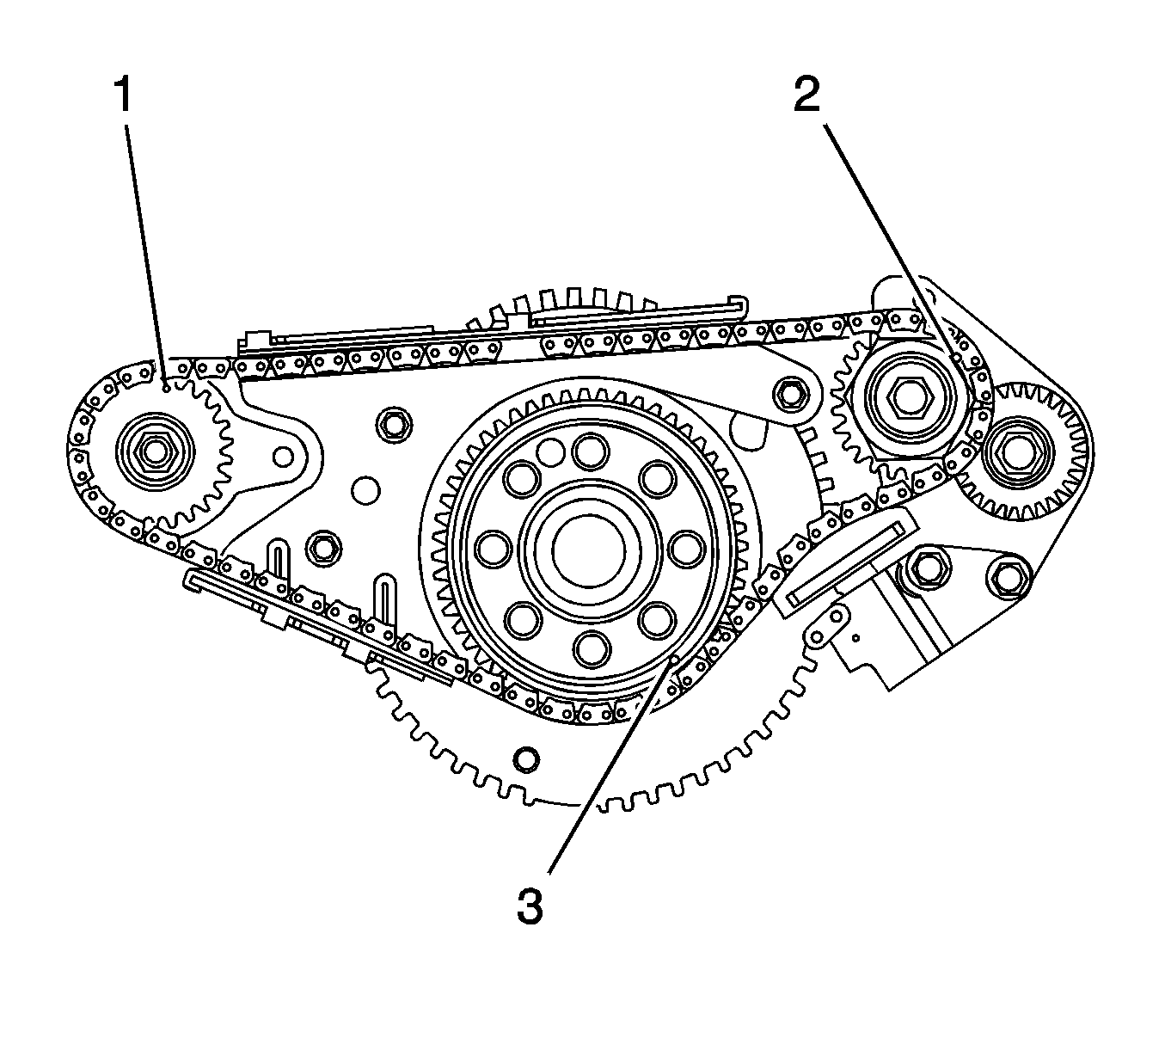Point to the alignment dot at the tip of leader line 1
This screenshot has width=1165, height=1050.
(x=165, y=388)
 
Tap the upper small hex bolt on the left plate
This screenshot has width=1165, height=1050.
(x=395, y=422)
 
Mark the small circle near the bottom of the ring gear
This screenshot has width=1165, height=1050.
(x=525, y=759)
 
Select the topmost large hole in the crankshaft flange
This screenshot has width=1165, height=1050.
(x=590, y=450)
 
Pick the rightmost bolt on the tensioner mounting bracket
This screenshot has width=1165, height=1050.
(x=1009, y=576)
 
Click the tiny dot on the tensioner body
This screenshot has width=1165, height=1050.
(x=856, y=637)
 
